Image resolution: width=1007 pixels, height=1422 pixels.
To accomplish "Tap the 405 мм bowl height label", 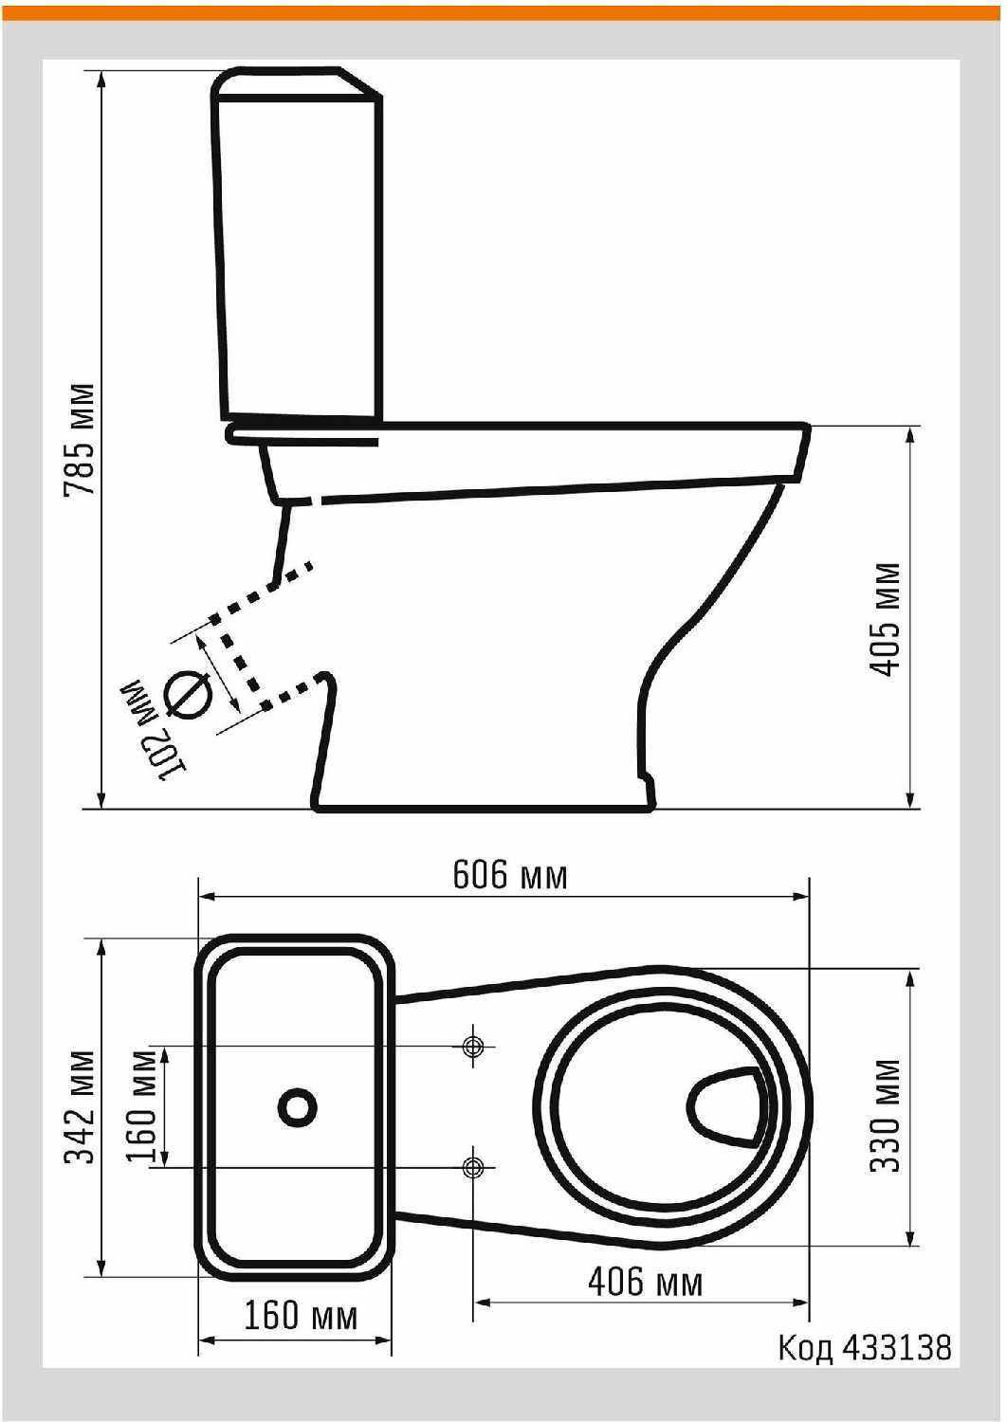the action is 885,620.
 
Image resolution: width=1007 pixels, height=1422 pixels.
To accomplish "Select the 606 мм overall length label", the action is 510,875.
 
